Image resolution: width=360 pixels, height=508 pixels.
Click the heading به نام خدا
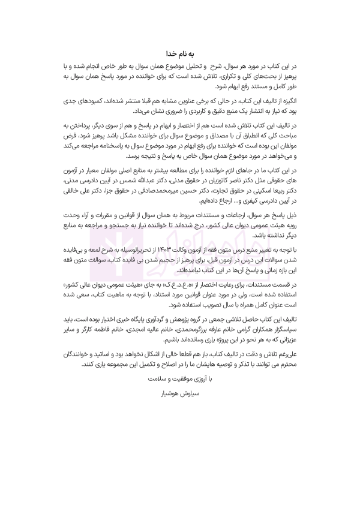179,53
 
